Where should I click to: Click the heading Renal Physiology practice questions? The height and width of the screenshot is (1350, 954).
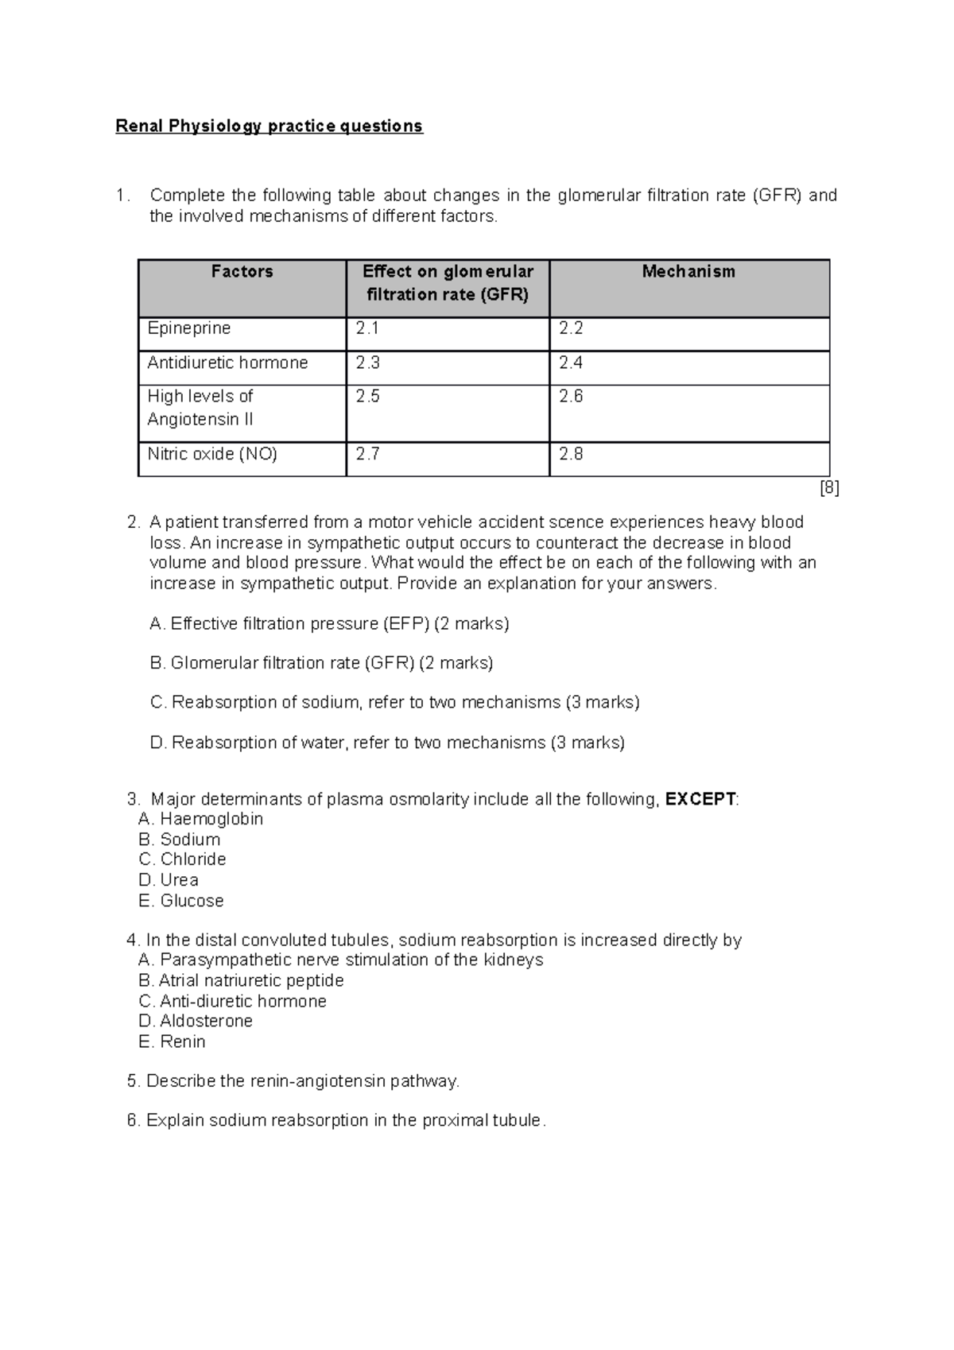(x=269, y=126)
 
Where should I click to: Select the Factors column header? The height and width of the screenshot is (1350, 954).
(x=242, y=272)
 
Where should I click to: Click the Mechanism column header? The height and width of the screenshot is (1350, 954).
(x=688, y=272)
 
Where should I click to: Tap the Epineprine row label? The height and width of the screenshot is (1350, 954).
(x=189, y=328)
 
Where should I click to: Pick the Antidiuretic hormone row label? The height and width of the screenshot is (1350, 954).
(x=227, y=363)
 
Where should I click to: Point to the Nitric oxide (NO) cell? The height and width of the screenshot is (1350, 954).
(x=212, y=455)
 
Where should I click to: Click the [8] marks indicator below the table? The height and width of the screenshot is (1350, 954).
(x=829, y=488)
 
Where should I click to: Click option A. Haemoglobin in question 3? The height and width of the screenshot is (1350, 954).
(x=200, y=819)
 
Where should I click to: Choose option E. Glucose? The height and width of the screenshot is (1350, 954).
(x=181, y=901)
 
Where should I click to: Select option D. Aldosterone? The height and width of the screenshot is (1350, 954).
(x=196, y=1021)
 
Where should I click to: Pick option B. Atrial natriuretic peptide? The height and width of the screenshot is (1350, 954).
(x=241, y=980)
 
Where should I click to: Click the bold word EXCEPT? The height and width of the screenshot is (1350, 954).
(x=700, y=799)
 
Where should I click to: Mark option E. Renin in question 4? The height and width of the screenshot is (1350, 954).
(x=172, y=1042)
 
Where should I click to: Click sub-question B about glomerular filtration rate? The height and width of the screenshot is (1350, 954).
(x=321, y=663)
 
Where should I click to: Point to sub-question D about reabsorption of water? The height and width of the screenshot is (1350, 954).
(x=387, y=743)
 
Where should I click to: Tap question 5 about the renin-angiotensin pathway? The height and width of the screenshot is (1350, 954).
(x=293, y=1081)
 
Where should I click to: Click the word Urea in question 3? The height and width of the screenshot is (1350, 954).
(x=179, y=880)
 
